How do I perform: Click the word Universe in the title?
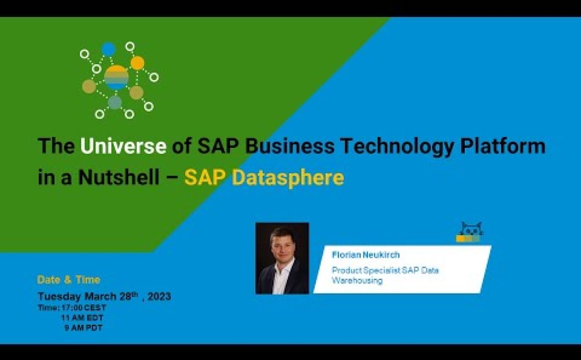coord(123,146)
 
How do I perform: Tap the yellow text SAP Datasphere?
coord(264,177)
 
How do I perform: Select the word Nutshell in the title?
coord(119,177)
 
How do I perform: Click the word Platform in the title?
coord(503,146)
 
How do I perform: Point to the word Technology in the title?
coord(397,146)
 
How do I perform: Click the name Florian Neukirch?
coord(365,255)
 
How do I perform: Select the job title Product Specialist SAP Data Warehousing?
coord(385,275)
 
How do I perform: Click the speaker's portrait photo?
coord(282,258)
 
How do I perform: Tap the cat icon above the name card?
coord(469,232)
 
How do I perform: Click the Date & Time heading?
coord(69,280)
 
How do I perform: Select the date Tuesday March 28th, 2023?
coord(104,296)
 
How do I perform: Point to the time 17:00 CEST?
coord(84,308)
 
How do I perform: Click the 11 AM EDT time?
coord(82,318)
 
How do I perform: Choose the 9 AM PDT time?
coord(83,328)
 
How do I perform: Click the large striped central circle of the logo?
coord(116,78)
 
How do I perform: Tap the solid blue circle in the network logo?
coord(108,49)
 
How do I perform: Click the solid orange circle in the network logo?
coord(137,63)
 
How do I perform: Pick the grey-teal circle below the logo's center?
coord(115,102)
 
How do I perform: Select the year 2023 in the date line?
coord(159,296)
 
